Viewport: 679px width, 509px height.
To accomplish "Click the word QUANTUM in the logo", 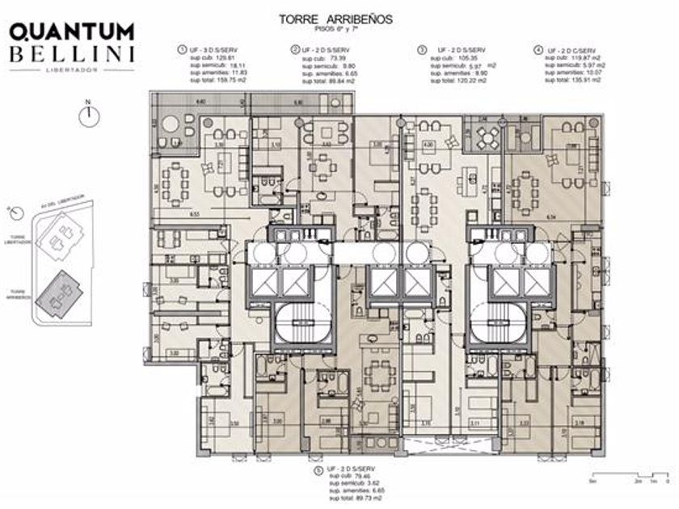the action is pos(72,32).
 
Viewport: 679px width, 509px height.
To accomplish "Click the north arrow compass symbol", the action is pos(86,115).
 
